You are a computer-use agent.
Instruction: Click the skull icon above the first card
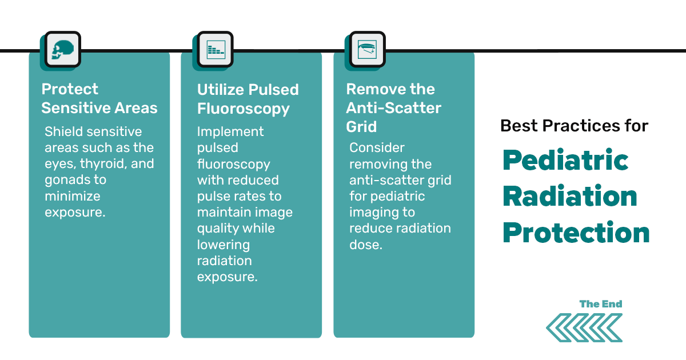click(x=59, y=50)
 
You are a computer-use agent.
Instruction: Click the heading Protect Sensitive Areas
click(x=99, y=98)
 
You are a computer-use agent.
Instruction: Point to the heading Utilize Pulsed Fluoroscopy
click(x=248, y=99)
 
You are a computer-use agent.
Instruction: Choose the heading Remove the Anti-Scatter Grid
click(x=393, y=107)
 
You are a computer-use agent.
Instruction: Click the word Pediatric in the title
click(x=565, y=161)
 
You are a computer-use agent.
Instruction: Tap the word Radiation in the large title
click(x=570, y=197)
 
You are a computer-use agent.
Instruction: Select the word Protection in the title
click(x=576, y=233)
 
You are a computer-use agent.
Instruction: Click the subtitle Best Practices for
click(x=574, y=126)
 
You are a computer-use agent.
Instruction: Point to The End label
click(x=600, y=304)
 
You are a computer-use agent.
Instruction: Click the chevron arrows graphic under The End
click(x=584, y=327)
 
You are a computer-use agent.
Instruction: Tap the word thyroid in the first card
click(x=105, y=164)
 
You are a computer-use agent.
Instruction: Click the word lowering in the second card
click(x=223, y=245)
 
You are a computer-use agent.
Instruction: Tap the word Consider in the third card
click(x=377, y=148)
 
